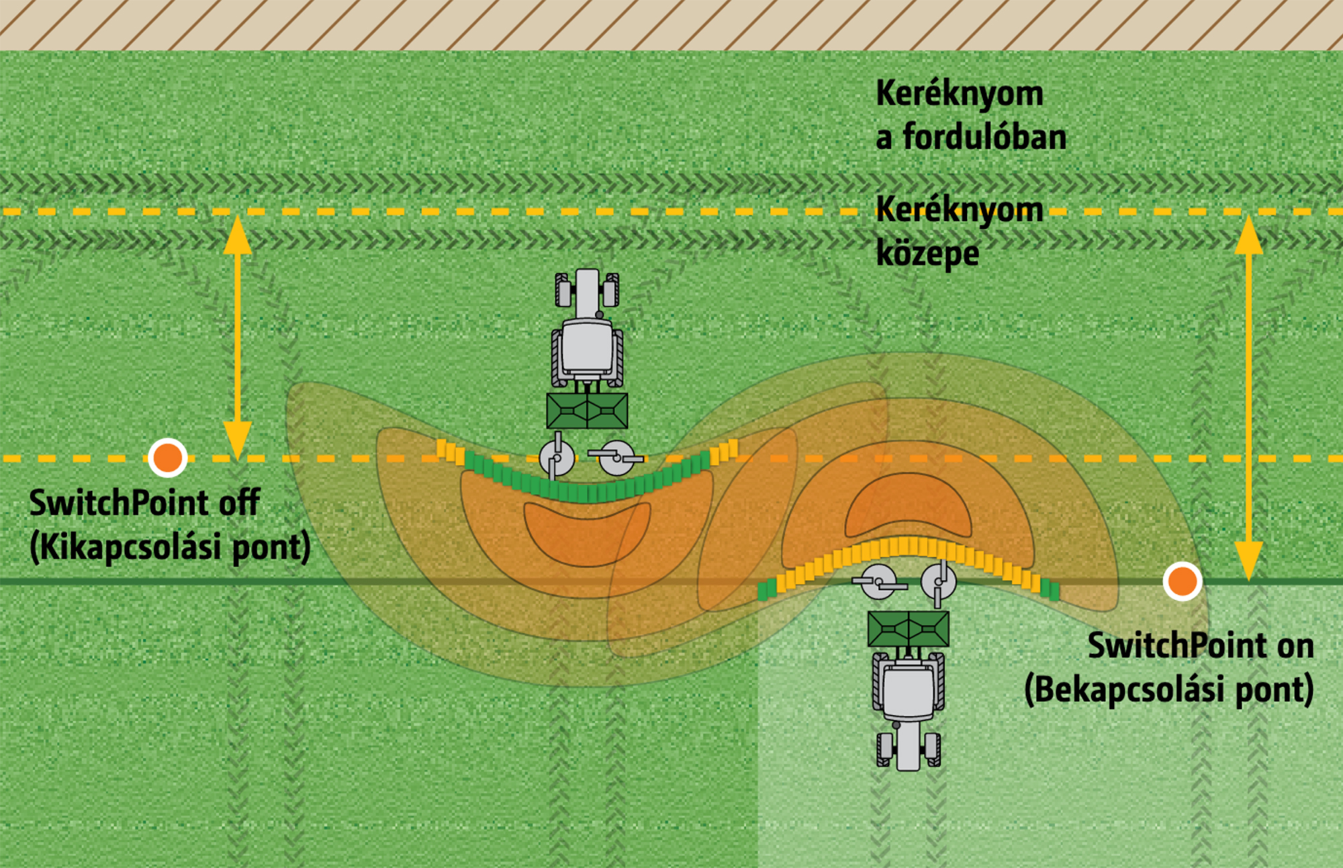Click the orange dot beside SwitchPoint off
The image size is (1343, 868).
click(167, 458)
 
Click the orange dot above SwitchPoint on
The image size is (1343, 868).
click(1182, 581)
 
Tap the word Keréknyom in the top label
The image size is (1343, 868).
click(960, 93)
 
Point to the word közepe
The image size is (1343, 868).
click(927, 254)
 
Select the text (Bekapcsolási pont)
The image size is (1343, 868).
click(1168, 689)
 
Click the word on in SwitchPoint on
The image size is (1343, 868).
click(1295, 646)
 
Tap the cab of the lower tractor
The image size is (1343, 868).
click(908, 691)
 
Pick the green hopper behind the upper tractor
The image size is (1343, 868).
click(587, 411)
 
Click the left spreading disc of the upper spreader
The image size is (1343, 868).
click(557, 458)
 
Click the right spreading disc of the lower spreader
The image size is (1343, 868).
click(939, 581)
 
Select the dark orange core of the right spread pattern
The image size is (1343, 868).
click(908, 507)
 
